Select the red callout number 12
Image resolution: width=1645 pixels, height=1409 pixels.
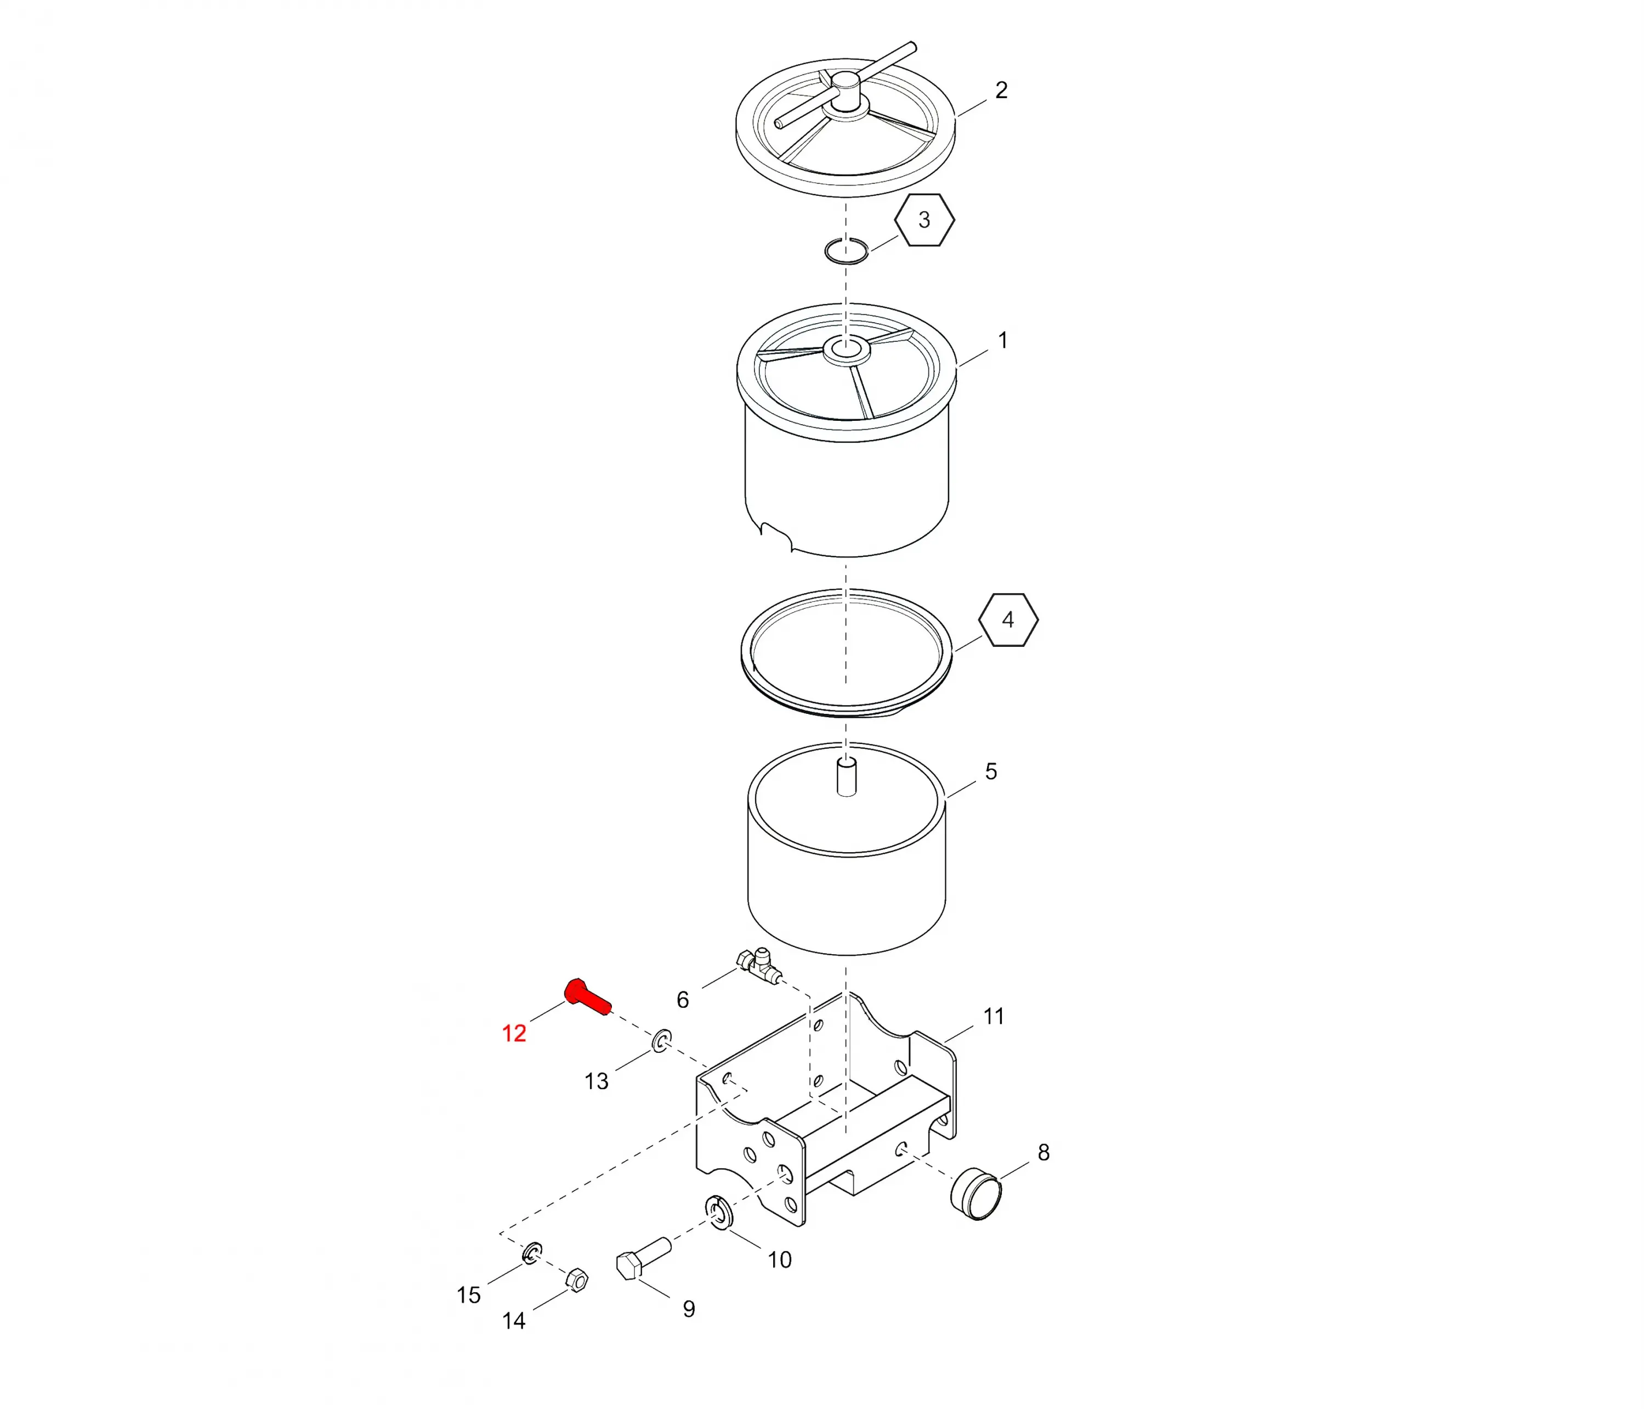point(514,1033)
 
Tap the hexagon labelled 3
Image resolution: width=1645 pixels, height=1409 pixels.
point(924,220)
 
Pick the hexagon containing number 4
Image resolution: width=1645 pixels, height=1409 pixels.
point(1008,619)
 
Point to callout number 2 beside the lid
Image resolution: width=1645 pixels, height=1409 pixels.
point(1001,90)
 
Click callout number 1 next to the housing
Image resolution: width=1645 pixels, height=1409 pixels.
point(1003,340)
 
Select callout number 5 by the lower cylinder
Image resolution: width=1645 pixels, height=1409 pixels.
point(991,771)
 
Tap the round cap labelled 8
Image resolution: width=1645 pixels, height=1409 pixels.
point(975,1193)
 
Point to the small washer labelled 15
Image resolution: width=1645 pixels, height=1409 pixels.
point(533,1253)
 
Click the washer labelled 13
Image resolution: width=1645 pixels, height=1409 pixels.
point(661,1040)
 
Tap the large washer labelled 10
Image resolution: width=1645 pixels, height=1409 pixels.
point(718,1211)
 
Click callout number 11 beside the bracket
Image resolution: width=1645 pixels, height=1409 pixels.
point(993,1017)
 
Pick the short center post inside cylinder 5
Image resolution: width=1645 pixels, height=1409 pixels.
point(847,777)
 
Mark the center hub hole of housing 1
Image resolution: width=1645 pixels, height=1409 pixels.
point(846,348)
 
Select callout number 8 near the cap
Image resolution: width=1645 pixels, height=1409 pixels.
point(1043,1152)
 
